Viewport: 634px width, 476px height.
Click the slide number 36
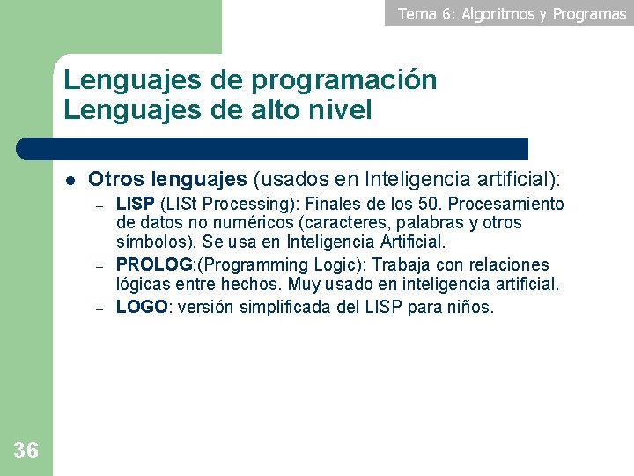[26, 451]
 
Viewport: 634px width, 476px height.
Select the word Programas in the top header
[590, 13]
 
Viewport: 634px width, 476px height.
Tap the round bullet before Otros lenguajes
[70, 181]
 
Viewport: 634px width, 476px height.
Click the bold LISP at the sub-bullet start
[135, 205]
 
